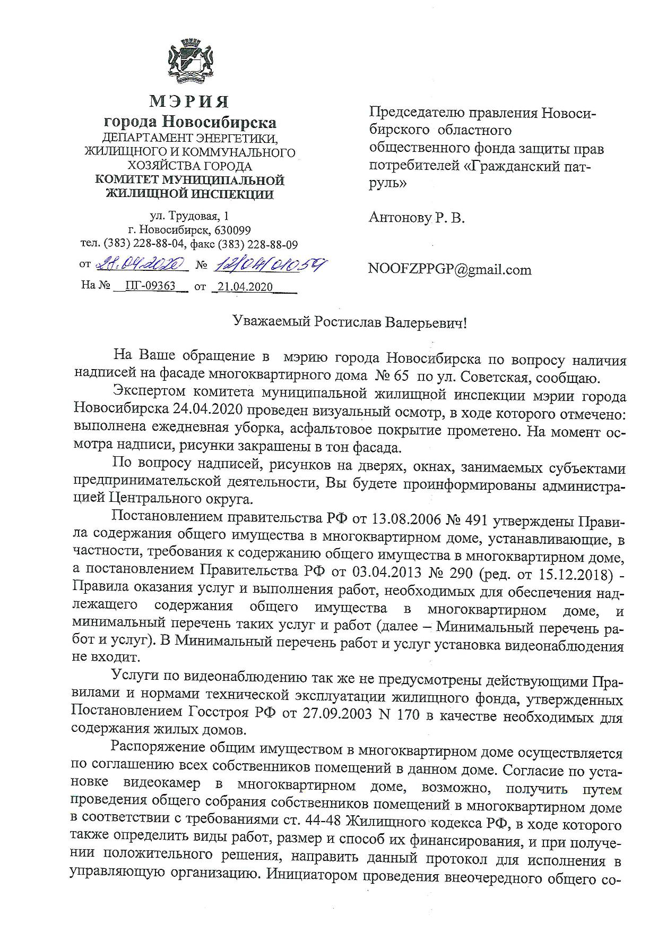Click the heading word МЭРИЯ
(x=189, y=101)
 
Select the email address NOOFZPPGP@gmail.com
(x=449, y=270)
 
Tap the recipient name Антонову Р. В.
(x=417, y=218)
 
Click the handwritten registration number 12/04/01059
(x=269, y=263)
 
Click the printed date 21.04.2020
(x=245, y=287)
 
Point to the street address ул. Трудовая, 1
(x=189, y=216)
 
